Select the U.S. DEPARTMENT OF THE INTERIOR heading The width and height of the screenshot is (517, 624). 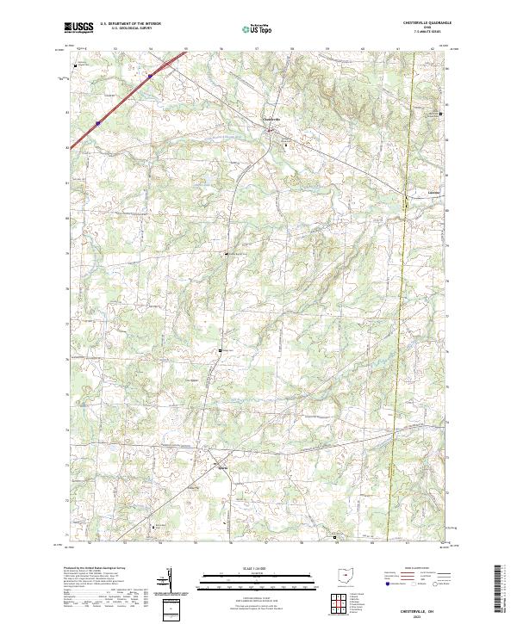pyautogui.click(x=130, y=23)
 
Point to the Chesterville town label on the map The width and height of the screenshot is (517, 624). pyautogui.click(x=271, y=119)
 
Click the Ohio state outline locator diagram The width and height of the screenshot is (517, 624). pyautogui.click(x=346, y=578)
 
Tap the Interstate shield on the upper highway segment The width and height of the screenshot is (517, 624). pyautogui.click(x=149, y=76)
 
